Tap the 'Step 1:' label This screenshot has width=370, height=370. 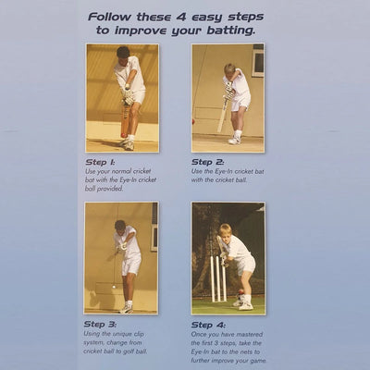point(103,160)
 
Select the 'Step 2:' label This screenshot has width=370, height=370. point(209,160)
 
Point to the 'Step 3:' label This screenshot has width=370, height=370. point(103,324)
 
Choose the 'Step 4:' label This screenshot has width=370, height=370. point(209,324)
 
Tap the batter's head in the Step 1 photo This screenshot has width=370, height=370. point(123,53)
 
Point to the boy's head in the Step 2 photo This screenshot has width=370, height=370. point(229,70)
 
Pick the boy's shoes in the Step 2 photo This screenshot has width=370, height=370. point(236,140)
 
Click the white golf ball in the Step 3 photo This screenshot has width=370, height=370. point(114,288)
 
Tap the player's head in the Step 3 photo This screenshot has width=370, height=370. point(119,225)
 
